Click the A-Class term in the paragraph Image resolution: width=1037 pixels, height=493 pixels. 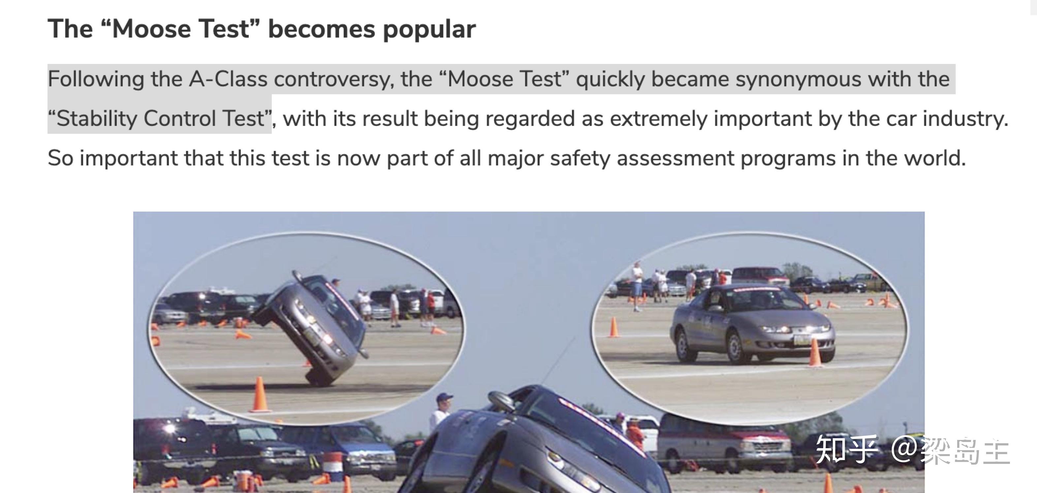pos(228,79)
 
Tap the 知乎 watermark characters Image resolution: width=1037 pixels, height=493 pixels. pos(847,449)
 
